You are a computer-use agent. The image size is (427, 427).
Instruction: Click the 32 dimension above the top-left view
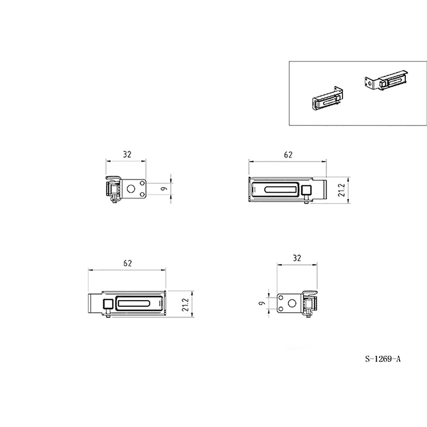[x=127, y=155]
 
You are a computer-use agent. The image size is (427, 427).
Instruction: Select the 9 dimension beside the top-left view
[x=164, y=188]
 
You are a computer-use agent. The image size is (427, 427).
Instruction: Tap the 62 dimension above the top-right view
[x=288, y=155]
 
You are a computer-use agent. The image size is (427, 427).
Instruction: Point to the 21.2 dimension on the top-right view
[x=342, y=190]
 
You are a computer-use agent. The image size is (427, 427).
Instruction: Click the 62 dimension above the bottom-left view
[x=127, y=263]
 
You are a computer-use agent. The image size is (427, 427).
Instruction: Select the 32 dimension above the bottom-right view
[x=297, y=258]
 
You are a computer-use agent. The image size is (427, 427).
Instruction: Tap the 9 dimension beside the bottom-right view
[x=262, y=303]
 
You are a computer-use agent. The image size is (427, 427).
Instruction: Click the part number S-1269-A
[x=383, y=359]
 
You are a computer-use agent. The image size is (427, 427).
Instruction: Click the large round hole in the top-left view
[x=131, y=188]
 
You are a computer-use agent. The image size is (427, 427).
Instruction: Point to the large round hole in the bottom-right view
[x=292, y=303]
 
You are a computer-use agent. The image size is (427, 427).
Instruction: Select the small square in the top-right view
[x=307, y=189]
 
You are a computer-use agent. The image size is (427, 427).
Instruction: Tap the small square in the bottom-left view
[x=108, y=303]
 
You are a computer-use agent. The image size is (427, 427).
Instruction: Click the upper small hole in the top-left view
[x=142, y=183]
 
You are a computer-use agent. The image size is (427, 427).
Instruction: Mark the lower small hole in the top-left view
[x=142, y=194]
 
